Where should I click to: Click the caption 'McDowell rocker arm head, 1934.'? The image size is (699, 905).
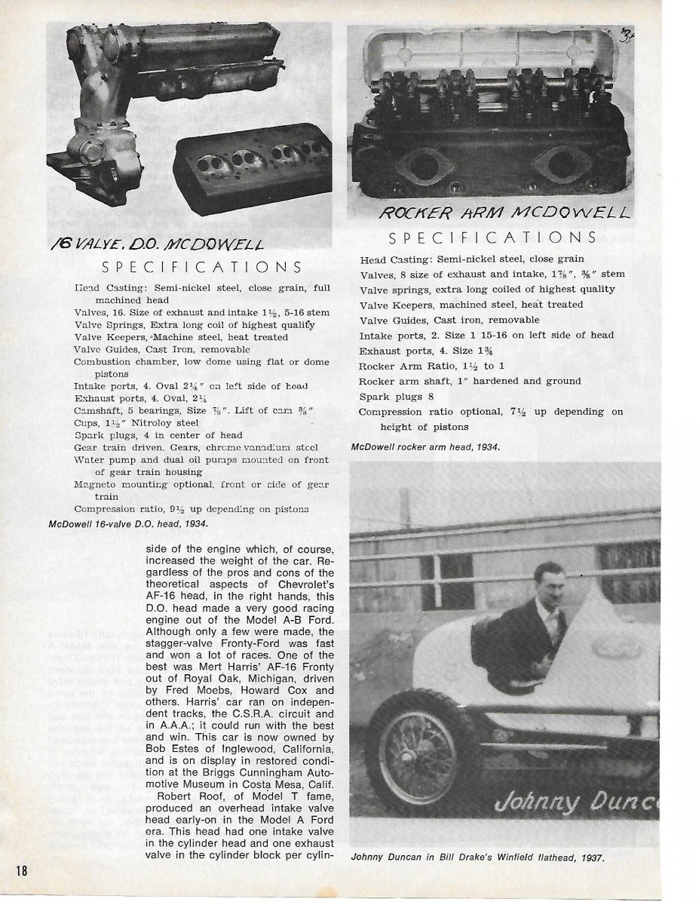coord(425,447)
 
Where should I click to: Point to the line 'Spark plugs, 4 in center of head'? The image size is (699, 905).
coord(158,434)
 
